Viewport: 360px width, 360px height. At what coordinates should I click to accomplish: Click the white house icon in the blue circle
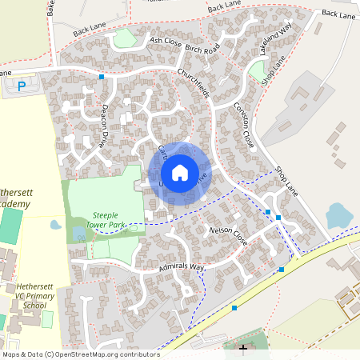pyautogui.click(x=180, y=172)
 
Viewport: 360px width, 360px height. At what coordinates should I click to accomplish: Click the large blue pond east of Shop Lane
pyautogui.click(x=338, y=214)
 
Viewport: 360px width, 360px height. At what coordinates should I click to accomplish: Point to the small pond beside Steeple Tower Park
pyautogui.click(x=55, y=225)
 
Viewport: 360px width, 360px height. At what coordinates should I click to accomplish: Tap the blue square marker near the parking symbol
pyautogui.click(x=102, y=77)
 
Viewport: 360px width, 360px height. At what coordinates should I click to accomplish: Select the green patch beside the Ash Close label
pyautogui.click(x=126, y=38)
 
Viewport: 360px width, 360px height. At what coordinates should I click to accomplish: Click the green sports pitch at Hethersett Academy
pyautogui.click(x=10, y=228)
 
